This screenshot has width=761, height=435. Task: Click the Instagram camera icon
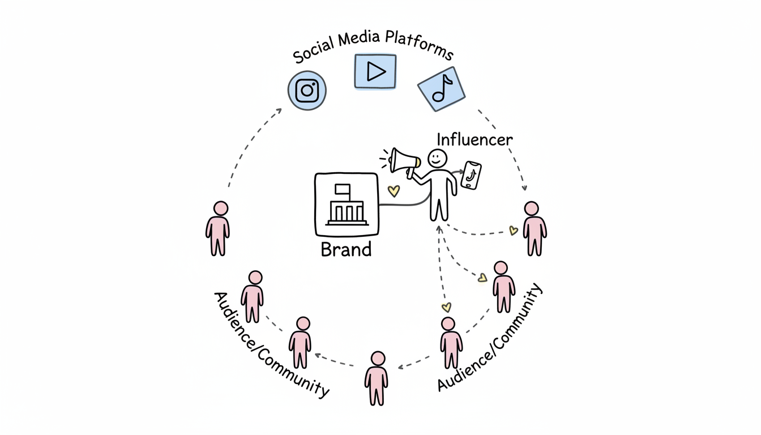click(307, 90)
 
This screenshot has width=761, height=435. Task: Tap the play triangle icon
click(375, 71)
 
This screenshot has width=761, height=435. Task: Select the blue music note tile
click(441, 88)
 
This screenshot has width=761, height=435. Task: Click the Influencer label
click(475, 139)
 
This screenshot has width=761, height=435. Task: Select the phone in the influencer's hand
click(472, 175)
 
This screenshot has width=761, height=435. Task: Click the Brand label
click(346, 249)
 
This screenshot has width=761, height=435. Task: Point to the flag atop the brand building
click(343, 189)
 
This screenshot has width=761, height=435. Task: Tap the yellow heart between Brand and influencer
click(393, 191)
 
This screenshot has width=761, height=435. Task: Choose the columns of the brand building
click(346, 213)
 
